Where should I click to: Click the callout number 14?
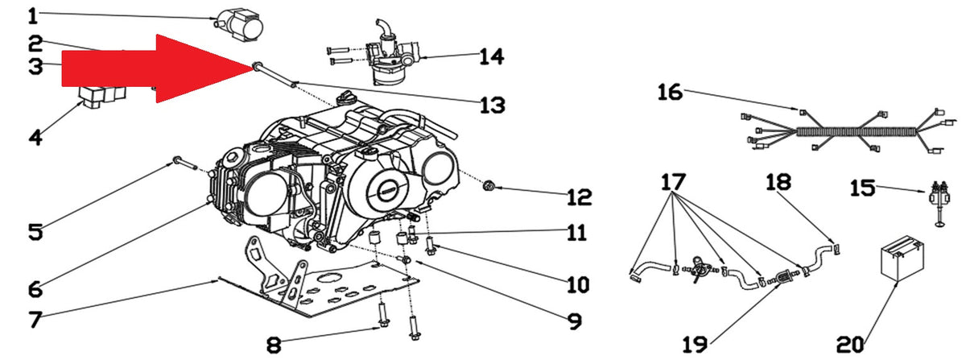pyautogui.click(x=492, y=56)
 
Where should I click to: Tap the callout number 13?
pyautogui.click(x=493, y=105)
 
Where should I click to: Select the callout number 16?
pyautogui.click(x=670, y=93)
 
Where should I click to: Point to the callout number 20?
pyautogui.click(x=850, y=345)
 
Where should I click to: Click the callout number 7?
pyautogui.click(x=35, y=320)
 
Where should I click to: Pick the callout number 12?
pyautogui.click(x=579, y=197)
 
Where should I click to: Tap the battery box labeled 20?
pyautogui.click(x=902, y=259)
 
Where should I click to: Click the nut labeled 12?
pyautogui.click(x=488, y=187)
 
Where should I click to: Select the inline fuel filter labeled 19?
pyautogui.click(x=782, y=277)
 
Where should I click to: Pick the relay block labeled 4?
pyautogui.click(x=101, y=97)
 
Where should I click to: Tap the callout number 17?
pyautogui.click(x=673, y=182)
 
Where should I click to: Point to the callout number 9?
pyautogui.click(x=575, y=321)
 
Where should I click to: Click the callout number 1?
pyautogui.click(x=34, y=16)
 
